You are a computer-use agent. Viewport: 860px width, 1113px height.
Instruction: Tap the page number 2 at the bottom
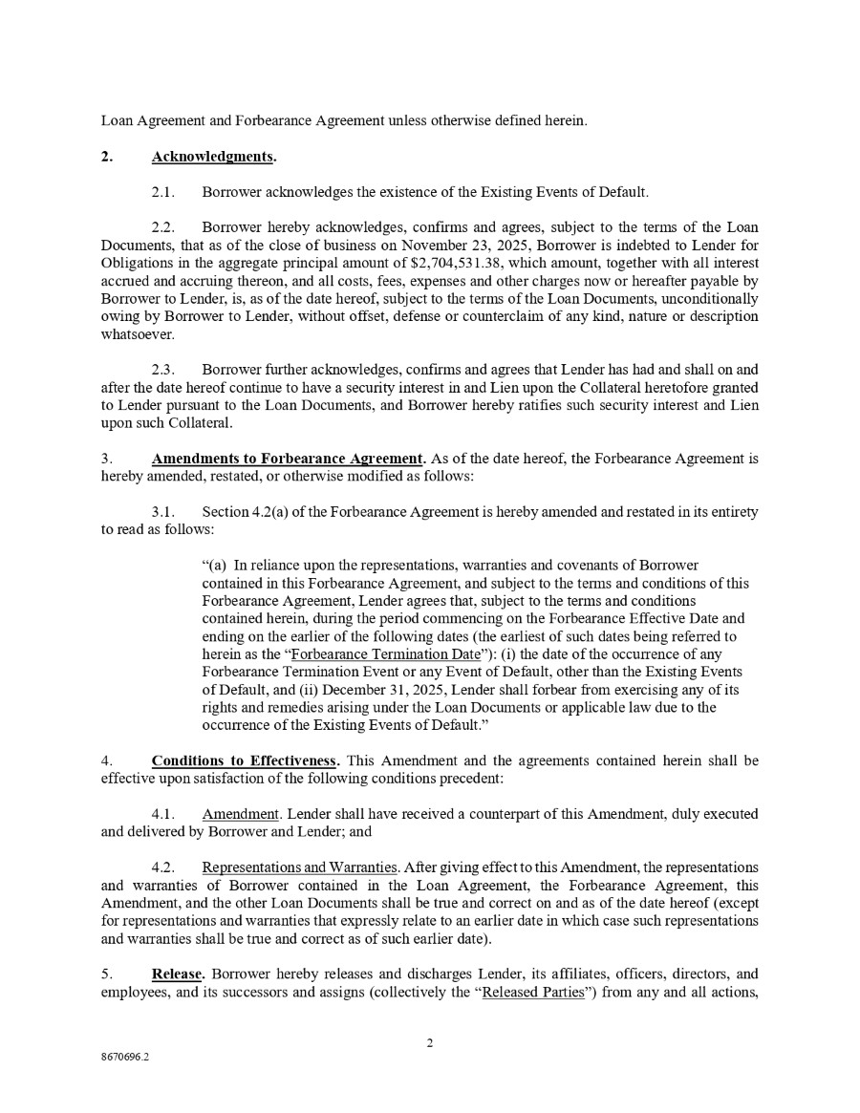pos(430,1042)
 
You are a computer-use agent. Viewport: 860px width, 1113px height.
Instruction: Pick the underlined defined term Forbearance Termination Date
pos(386,654)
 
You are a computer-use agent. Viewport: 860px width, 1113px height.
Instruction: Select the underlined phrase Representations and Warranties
pos(299,867)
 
